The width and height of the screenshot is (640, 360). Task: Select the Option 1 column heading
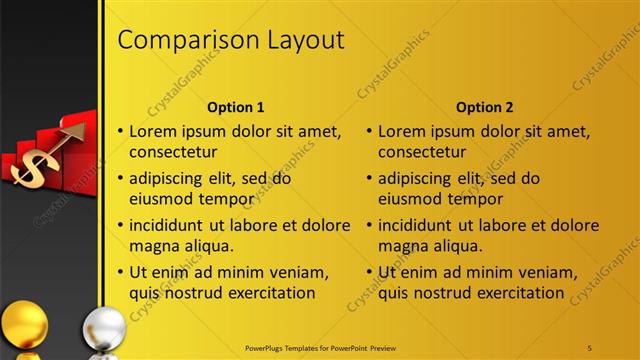click(x=235, y=107)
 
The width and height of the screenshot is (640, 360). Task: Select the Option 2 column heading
click(x=485, y=107)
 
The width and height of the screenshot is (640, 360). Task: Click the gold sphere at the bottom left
click(x=24, y=325)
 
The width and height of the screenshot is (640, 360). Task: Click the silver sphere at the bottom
click(x=103, y=330)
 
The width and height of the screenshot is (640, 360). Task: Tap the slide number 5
click(x=590, y=347)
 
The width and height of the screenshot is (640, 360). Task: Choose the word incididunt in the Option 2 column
click(x=426, y=225)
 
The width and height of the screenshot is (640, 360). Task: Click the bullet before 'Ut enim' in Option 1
click(x=121, y=272)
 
